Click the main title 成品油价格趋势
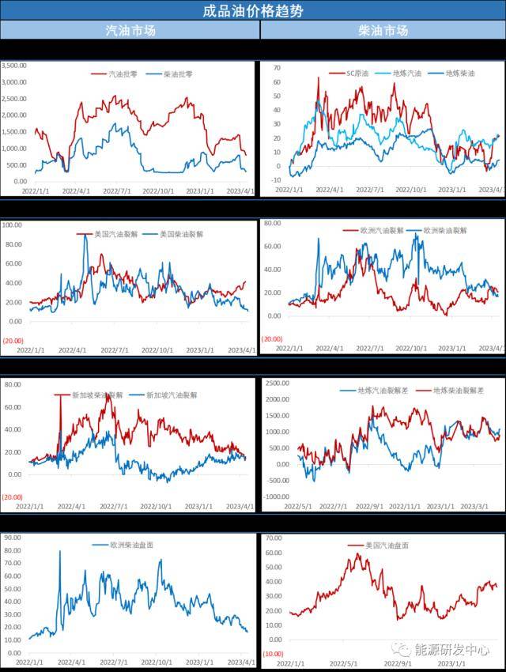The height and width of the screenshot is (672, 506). (253, 10)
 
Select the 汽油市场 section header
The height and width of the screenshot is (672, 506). (130, 31)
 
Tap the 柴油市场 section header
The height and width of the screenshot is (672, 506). (383, 31)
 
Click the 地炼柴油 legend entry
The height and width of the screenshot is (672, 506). (459, 74)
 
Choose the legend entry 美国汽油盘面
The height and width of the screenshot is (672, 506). (389, 546)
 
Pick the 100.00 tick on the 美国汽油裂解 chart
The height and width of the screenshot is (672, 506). (13, 225)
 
